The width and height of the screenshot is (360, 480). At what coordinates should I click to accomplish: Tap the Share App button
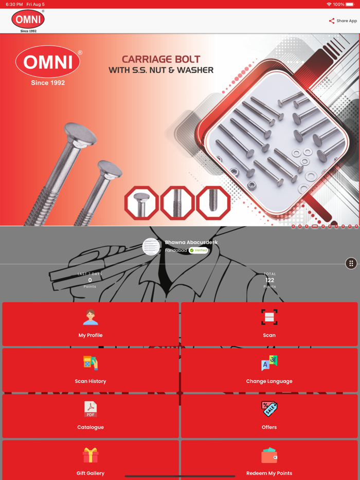click(x=343, y=21)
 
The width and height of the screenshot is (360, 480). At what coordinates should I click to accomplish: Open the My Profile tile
click(x=91, y=324)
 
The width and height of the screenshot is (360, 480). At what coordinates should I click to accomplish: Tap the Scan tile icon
click(x=269, y=317)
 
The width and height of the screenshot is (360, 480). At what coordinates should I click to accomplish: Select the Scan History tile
click(x=91, y=370)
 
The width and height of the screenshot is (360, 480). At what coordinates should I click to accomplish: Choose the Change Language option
click(x=269, y=370)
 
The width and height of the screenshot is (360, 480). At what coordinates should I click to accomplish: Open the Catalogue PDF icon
click(x=91, y=409)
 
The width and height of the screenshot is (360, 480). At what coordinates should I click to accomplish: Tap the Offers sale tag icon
click(x=269, y=409)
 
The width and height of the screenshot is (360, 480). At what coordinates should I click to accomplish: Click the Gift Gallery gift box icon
click(x=91, y=455)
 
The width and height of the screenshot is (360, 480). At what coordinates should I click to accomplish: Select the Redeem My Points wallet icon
click(x=269, y=455)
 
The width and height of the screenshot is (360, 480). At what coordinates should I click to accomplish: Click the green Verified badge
click(x=198, y=250)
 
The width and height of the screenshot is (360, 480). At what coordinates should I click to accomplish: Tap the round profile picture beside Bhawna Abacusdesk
click(x=151, y=247)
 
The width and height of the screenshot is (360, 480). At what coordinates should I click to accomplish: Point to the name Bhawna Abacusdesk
click(x=191, y=243)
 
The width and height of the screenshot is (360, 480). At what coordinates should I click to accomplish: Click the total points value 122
click(x=269, y=280)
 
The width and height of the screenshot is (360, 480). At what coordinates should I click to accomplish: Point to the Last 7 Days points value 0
click(x=90, y=280)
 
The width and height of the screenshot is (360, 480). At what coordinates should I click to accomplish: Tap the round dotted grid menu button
click(x=351, y=263)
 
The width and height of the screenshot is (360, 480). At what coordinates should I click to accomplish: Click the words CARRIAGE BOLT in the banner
click(x=161, y=59)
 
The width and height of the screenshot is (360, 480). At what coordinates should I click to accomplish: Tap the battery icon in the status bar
click(x=350, y=4)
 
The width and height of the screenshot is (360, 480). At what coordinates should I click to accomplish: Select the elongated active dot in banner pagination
click(x=315, y=226)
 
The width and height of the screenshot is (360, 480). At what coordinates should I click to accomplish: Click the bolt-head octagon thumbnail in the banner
click(x=141, y=202)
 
